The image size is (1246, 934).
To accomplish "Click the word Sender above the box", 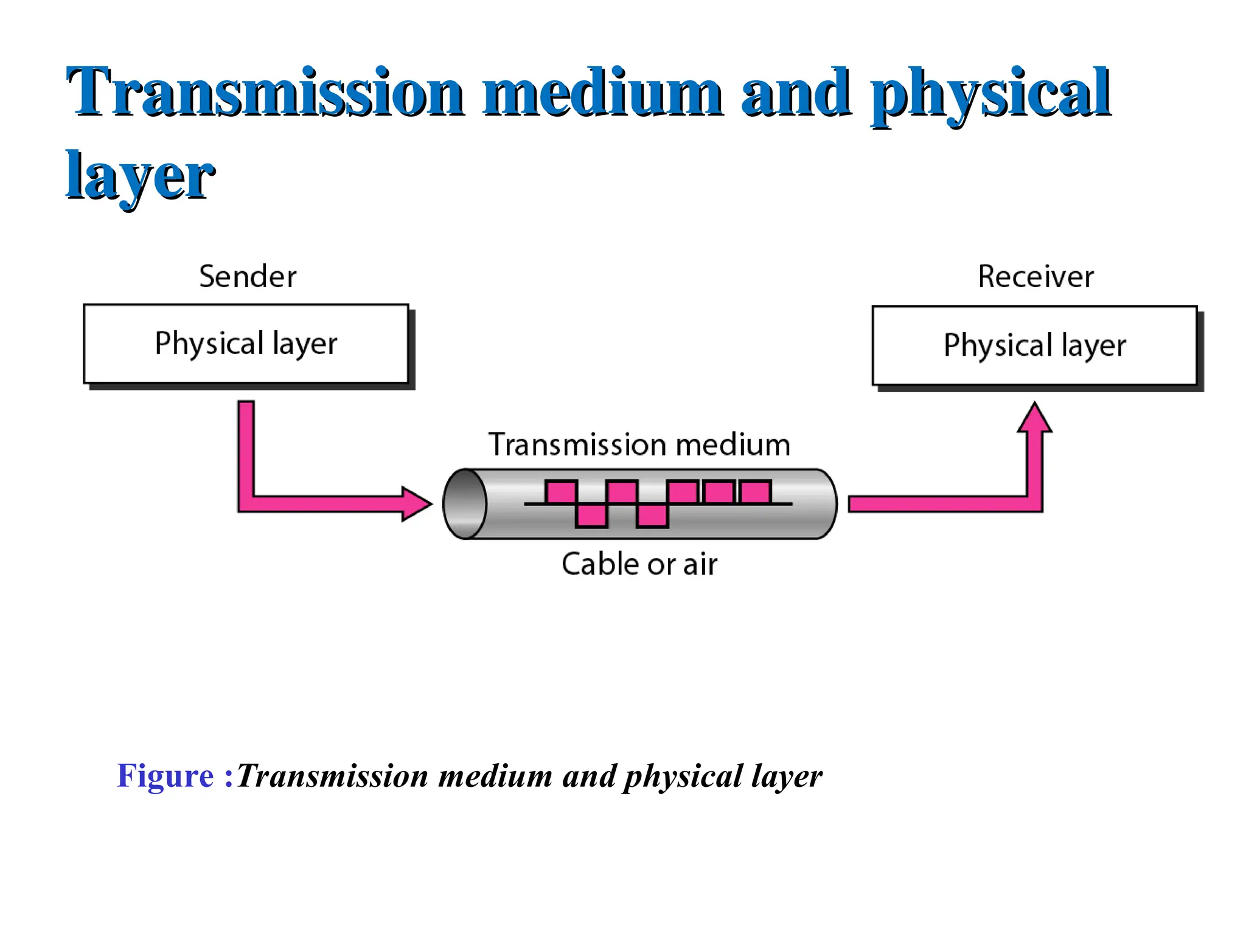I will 248,277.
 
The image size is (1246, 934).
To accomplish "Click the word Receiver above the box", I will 1035,277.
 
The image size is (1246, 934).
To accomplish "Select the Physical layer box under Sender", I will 246,344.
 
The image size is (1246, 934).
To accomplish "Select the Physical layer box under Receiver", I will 1034,346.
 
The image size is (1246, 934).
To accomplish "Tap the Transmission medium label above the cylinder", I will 639,445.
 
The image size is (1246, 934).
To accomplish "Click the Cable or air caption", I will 639,564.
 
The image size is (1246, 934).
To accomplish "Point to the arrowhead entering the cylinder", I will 417,503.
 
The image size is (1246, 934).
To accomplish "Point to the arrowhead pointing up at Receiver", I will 1034,418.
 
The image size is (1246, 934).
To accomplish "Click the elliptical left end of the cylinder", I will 465,503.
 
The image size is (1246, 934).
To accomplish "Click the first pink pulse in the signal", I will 561,492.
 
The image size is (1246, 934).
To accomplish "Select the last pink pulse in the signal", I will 756,492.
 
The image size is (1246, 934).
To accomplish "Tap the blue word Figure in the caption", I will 165,776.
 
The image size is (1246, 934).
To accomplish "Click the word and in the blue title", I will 796,92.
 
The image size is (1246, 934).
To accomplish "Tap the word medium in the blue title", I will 602,92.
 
